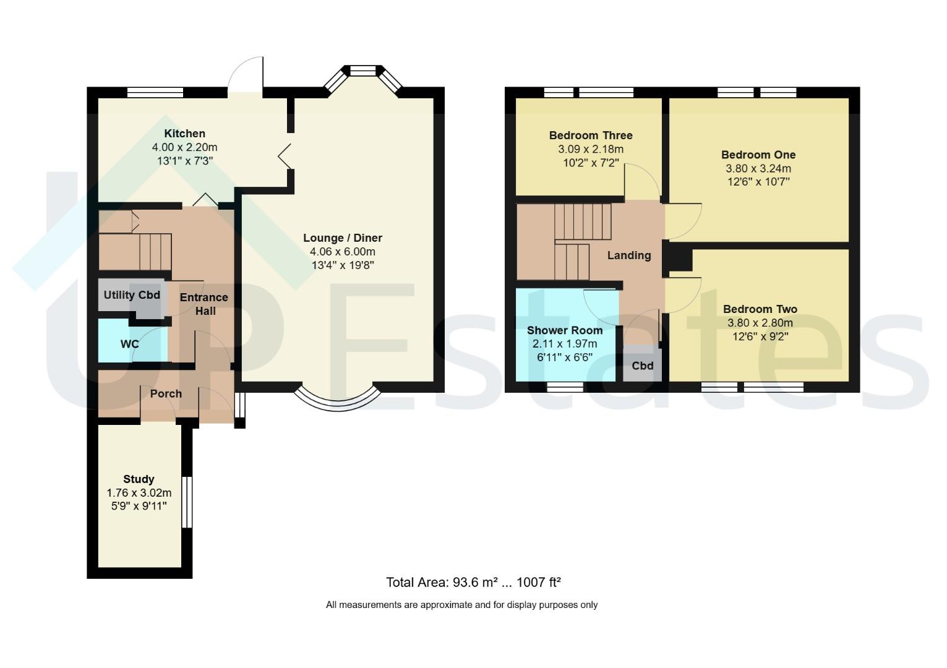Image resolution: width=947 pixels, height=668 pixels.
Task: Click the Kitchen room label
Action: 184,134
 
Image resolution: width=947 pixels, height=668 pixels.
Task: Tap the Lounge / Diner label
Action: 343,238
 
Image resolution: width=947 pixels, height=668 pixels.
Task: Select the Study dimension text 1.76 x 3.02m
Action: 139,493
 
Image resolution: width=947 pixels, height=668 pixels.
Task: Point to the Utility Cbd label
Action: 132,295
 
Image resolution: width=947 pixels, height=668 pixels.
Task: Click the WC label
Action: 129,344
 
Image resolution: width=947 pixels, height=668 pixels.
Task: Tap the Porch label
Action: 166,393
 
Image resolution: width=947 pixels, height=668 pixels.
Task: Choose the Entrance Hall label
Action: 204,304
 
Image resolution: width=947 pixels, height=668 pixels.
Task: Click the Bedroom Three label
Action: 591,135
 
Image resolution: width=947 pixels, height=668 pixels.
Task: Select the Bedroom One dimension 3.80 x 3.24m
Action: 758,169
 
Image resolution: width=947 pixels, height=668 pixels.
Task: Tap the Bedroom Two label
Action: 760,309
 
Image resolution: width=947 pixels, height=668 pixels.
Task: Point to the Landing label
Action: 629,255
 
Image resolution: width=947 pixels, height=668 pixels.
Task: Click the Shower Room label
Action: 565,330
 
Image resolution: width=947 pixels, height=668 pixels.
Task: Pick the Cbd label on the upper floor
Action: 643,366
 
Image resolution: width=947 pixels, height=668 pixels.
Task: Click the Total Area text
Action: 474,583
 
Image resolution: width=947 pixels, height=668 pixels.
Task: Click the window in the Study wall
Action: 187,502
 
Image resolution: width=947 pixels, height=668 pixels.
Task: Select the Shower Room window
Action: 565,387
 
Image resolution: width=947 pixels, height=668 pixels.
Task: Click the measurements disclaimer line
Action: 461,605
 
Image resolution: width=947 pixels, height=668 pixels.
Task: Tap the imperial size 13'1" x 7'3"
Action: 185,161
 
